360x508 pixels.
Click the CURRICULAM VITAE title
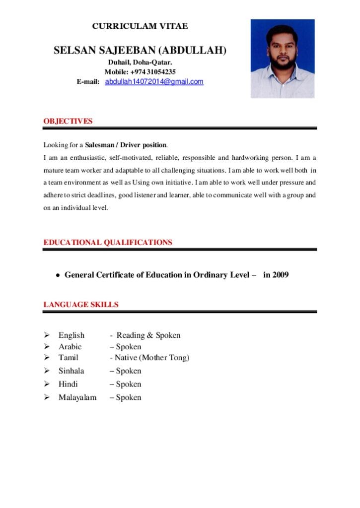point(140,26)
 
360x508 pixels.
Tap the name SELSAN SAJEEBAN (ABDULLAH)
point(140,50)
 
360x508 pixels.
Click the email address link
point(154,81)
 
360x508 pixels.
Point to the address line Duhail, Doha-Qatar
point(140,63)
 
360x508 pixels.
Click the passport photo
point(283,59)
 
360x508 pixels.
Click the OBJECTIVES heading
point(68,121)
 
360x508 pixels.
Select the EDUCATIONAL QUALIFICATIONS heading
point(108,243)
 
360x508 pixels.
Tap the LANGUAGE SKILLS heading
point(81,305)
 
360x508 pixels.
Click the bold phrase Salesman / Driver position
point(126,145)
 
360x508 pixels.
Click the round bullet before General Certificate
point(58,275)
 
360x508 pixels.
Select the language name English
point(72,335)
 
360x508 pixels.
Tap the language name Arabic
point(70,347)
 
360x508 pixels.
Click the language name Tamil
point(69,357)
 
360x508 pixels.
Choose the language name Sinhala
point(72,371)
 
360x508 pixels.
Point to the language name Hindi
point(69,384)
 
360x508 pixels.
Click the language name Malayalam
point(77,397)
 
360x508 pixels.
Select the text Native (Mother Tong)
point(152,357)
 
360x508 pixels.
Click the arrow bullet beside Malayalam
point(47,397)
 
